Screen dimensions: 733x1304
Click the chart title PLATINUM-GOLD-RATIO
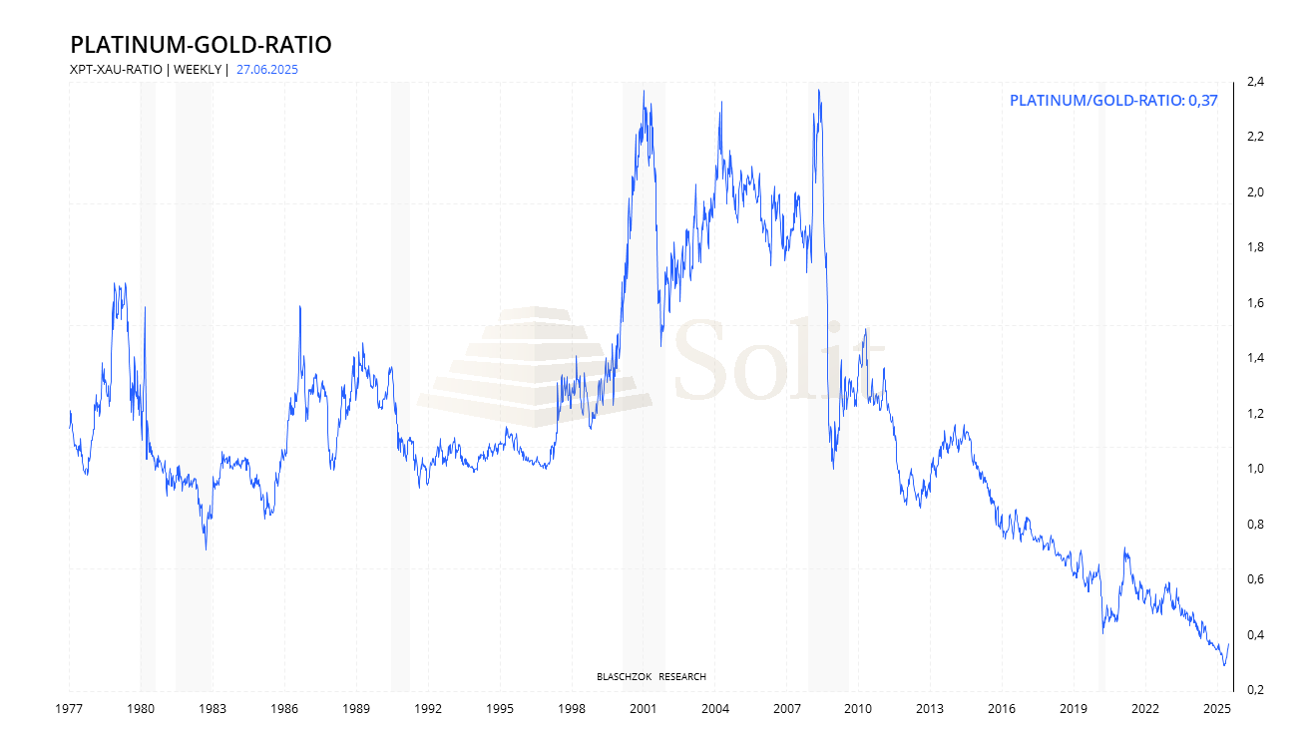tap(201, 45)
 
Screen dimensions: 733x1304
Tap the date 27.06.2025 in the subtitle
tap(267, 70)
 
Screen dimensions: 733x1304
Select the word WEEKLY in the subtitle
tap(198, 70)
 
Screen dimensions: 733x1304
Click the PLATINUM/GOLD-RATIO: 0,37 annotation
tap(1113, 100)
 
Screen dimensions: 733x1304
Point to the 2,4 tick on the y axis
tap(1254, 82)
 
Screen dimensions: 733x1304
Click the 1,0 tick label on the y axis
tap(1254, 469)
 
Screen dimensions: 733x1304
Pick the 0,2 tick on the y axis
tap(1254, 690)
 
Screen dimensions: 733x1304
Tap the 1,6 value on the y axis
tap(1254, 303)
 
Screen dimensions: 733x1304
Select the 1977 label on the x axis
tap(69, 709)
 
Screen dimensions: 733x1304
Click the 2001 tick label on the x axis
tap(643, 709)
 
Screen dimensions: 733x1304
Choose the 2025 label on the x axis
tap(1216, 709)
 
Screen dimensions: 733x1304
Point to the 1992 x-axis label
tap(428, 709)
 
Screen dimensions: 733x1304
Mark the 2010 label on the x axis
tap(858, 709)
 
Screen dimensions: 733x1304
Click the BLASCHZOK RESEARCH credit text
tap(651, 677)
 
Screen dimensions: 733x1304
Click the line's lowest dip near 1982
tap(206, 549)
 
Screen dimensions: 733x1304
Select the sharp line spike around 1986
tap(300, 306)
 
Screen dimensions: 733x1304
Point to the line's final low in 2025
tap(1224, 665)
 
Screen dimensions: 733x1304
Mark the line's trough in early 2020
tap(1102, 632)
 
